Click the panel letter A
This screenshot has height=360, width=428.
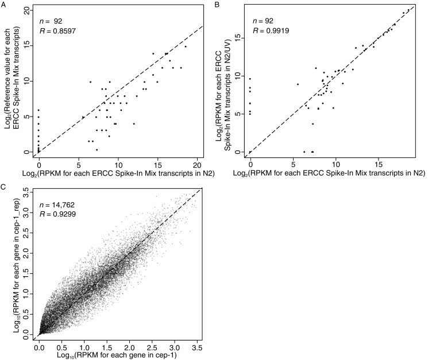point(3,4)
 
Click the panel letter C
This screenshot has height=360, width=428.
point(3,187)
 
